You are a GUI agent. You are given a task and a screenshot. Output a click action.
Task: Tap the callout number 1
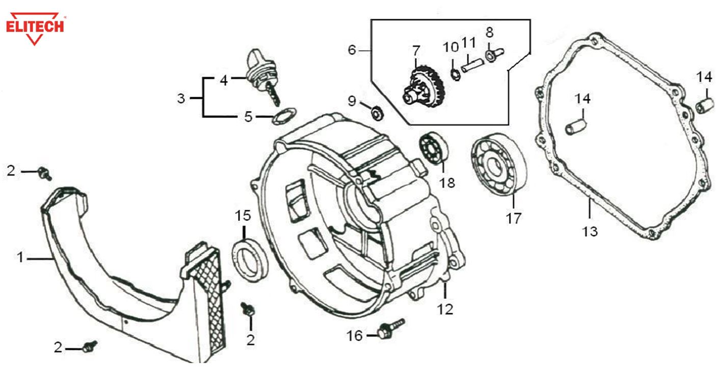click(20, 258)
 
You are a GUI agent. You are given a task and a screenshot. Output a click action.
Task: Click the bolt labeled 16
click(390, 328)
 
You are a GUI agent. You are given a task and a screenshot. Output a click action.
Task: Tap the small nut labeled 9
click(376, 112)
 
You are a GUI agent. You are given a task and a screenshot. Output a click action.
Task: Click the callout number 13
click(590, 231)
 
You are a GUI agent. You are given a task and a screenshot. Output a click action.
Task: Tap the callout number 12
click(445, 309)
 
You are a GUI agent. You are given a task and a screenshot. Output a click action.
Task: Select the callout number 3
click(181, 98)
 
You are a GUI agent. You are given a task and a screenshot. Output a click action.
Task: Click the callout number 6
click(351, 50)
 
